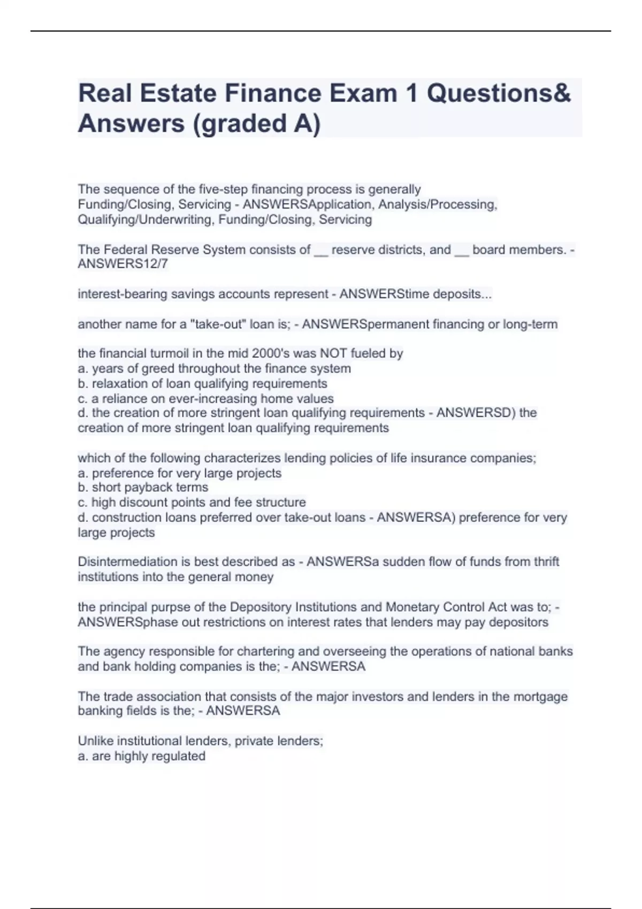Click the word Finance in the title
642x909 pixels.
pyautogui.click(x=272, y=94)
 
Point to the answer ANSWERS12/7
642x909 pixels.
pyautogui.click(x=123, y=264)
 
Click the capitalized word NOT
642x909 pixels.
pyautogui.click(x=333, y=353)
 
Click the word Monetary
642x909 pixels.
pyautogui.click(x=410, y=607)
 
